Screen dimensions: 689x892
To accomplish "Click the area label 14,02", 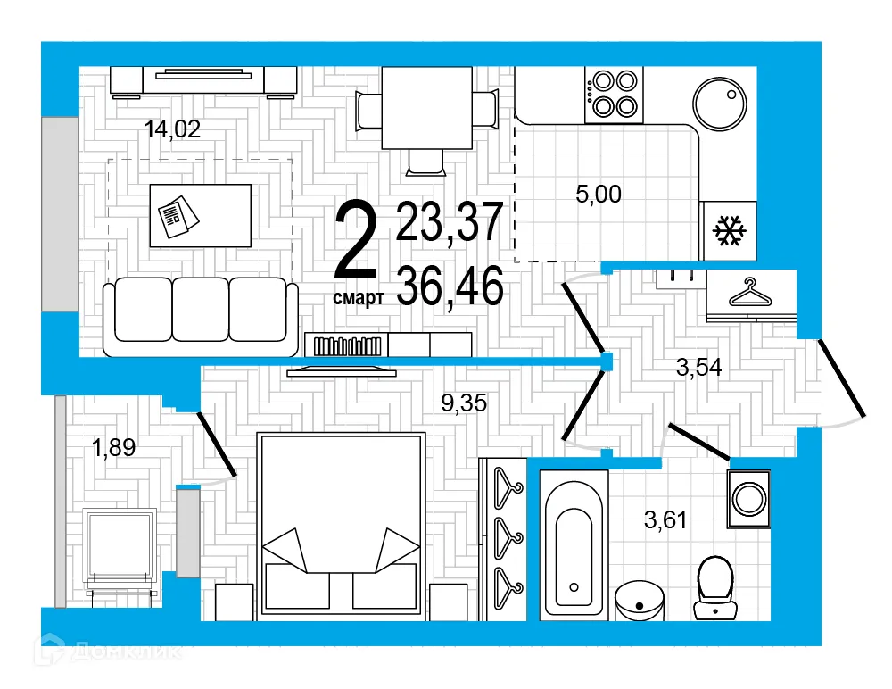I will click(x=172, y=129).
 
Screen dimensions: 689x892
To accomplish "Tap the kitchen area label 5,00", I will click(x=598, y=193).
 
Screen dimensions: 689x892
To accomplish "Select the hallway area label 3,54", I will click(x=698, y=367).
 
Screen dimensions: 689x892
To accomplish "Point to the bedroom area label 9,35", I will click(x=464, y=404).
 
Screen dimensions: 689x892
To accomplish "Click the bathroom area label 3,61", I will click(x=665, y=519).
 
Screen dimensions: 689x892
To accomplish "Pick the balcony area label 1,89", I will click(x=113, y=448).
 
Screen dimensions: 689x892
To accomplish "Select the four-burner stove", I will click(x=614, y=95).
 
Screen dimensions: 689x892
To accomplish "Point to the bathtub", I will click(x=574, y=544).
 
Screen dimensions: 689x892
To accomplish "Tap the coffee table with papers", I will click(x=200, y=214).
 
